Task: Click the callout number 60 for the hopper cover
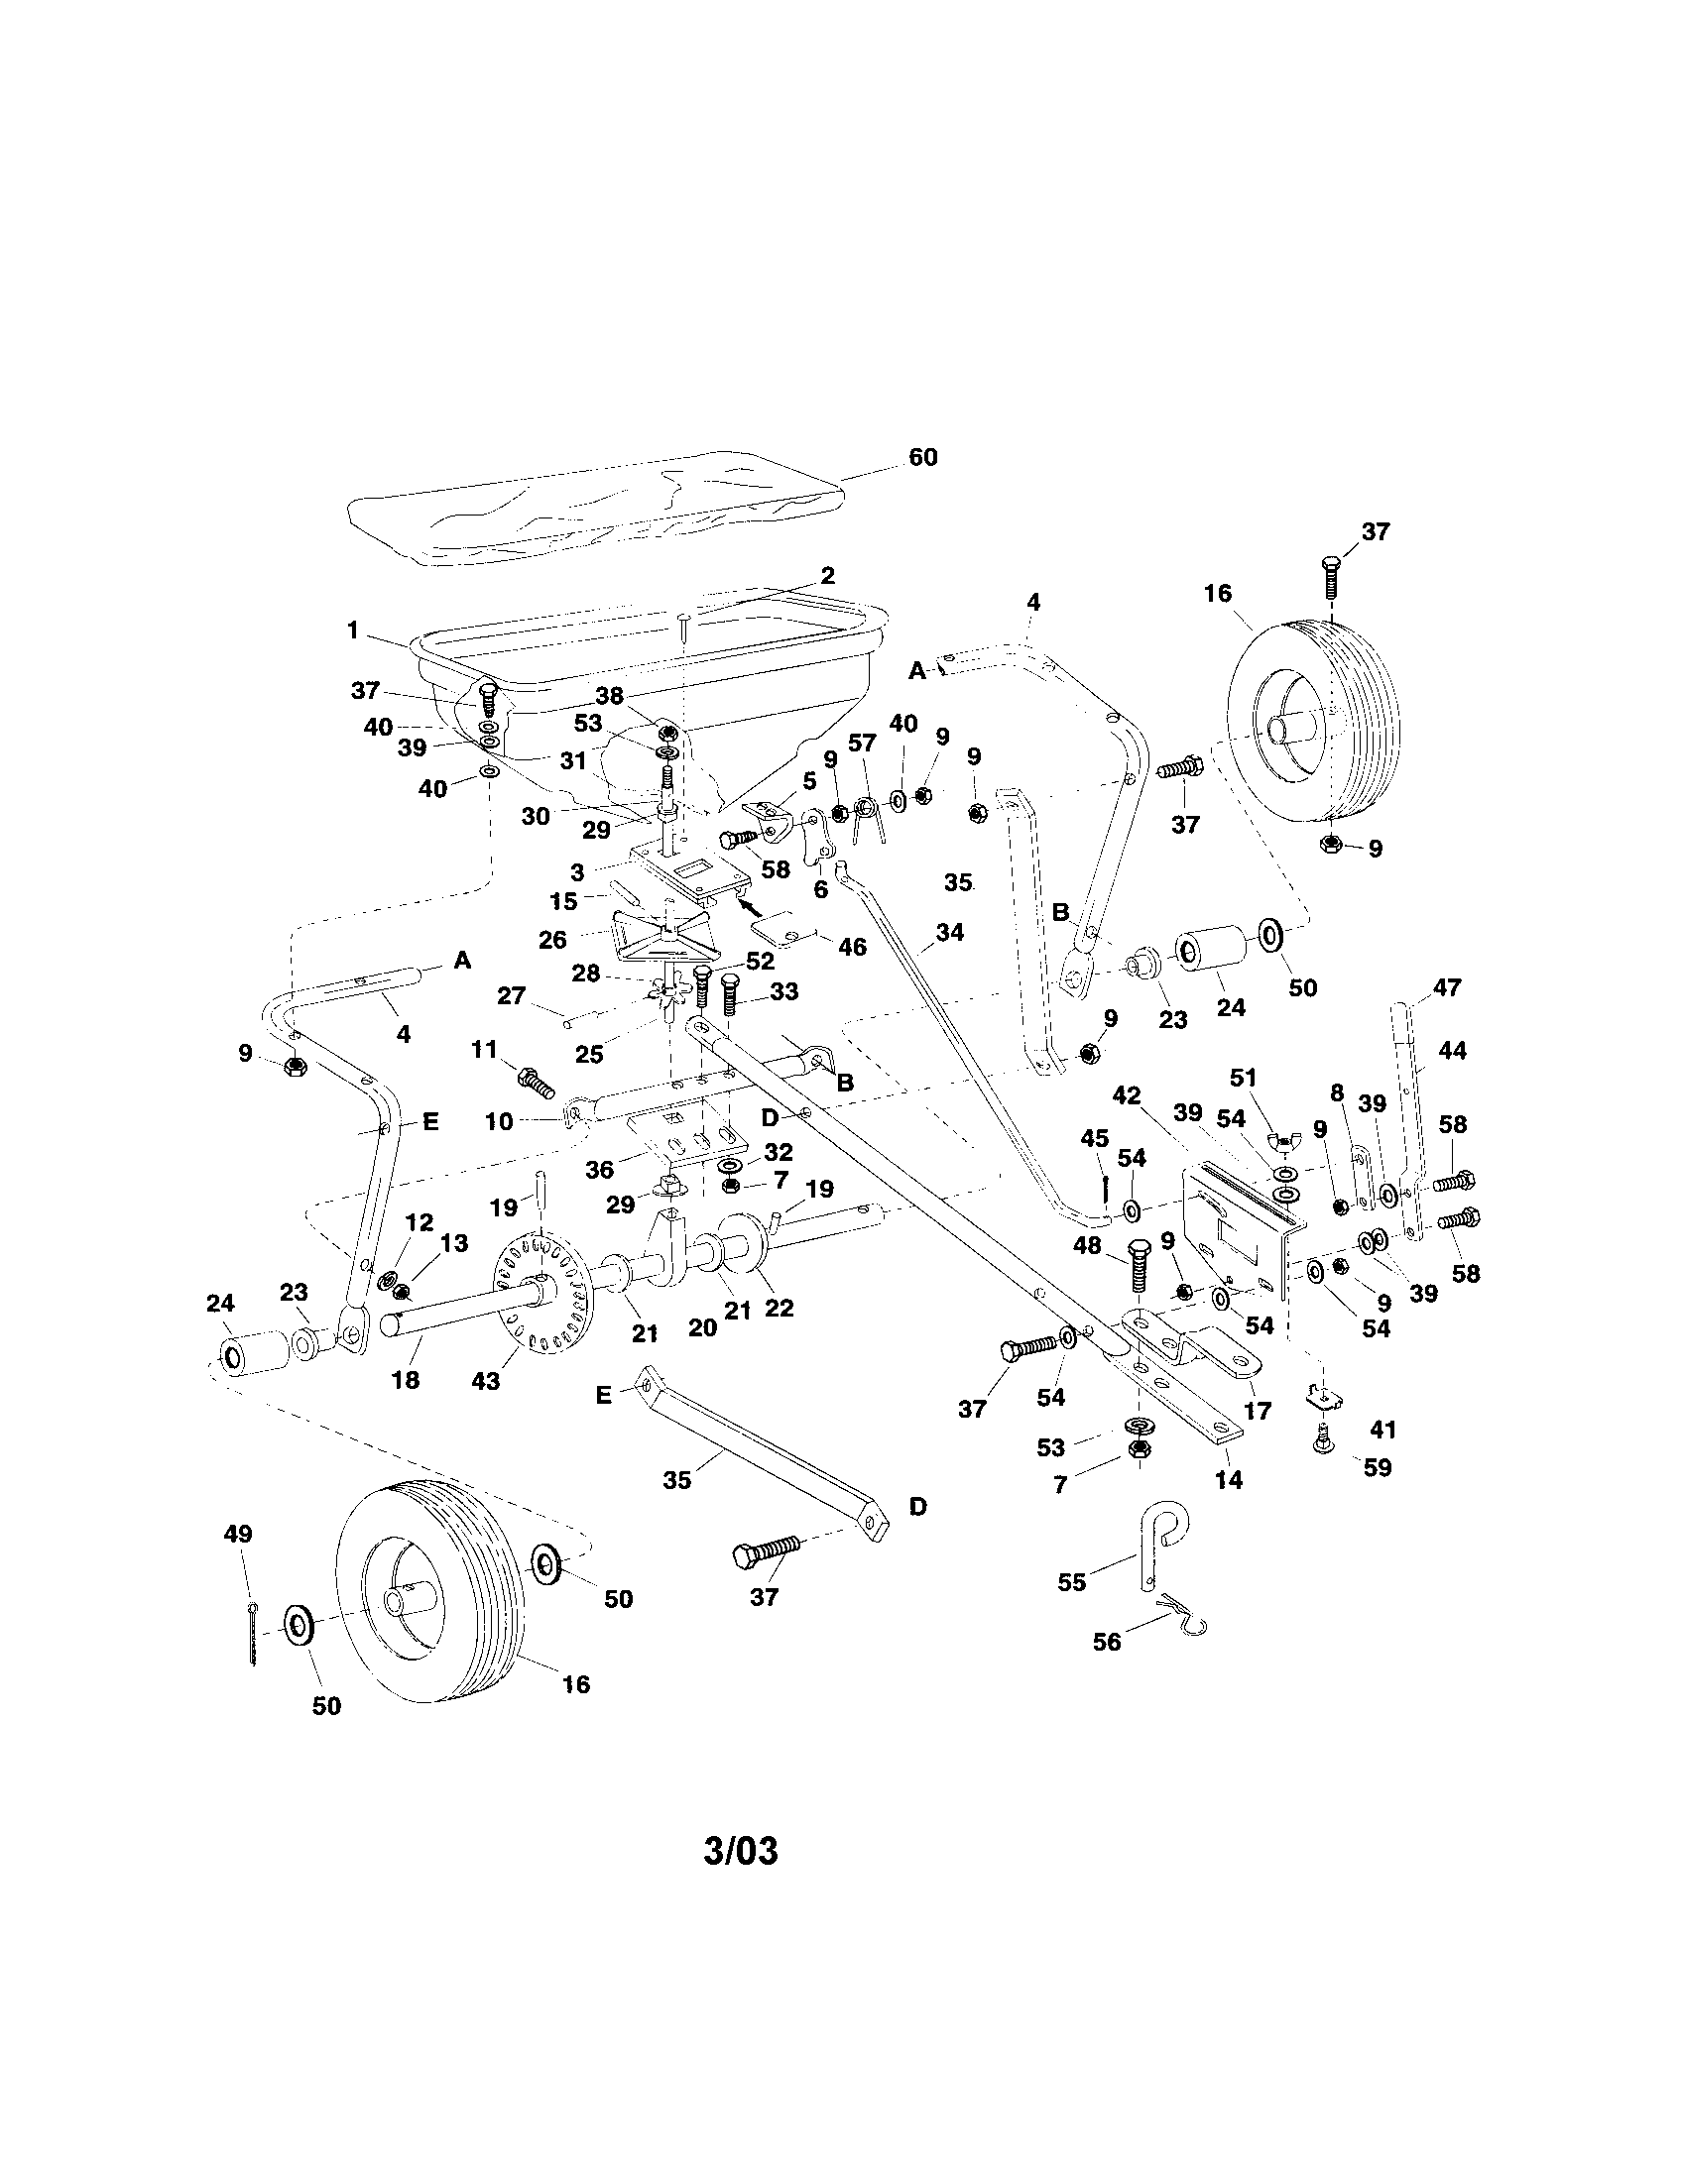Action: coord(922,457)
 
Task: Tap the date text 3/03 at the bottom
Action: coord(740,1851)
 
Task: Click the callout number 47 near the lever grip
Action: coord(1446,987)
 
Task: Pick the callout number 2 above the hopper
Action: coord(827,576)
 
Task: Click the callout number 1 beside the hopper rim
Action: coord(353,631)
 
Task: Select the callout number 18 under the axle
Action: coord(406,1380)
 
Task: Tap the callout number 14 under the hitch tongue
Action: coord(1229,1480)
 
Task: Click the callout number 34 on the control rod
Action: coord(950,932)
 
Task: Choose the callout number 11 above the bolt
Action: coord(483,1050)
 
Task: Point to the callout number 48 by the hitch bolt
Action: coord(1087,1245)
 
